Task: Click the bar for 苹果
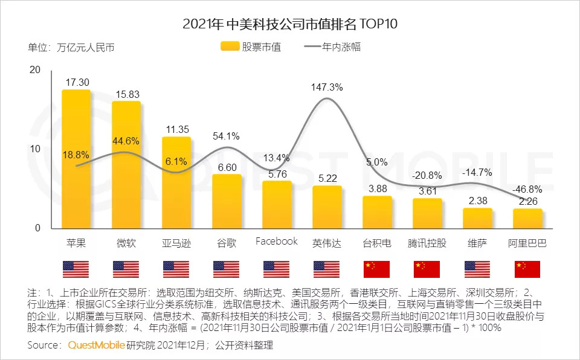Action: tap(76, 159)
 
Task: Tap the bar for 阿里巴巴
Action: tap(527, 219)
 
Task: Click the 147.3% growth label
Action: tap(327, 87)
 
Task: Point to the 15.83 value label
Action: tap(126, 94)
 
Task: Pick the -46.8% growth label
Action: tap(527, 188)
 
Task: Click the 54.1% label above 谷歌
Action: tap(227, 137)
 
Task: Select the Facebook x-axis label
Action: tap(277, 242)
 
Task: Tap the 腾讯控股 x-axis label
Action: tap(427, 243)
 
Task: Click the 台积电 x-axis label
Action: tap(377, 243)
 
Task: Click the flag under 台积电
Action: tap(377, 269)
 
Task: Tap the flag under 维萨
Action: tap(477, 269)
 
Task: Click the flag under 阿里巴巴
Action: tap(527, 269)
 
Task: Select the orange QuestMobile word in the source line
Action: tap(97, 346)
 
